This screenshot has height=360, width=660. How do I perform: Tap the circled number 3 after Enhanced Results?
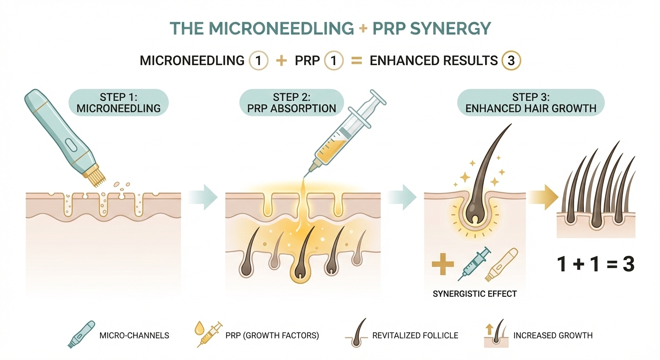coord(511,60)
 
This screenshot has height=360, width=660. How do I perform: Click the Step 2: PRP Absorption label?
coord(291,103)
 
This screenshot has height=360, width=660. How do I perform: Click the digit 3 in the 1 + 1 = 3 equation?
coord(627,264)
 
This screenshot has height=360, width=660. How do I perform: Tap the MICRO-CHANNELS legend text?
coord(134,335)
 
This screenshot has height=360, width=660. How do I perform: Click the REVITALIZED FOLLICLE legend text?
coord(415,335)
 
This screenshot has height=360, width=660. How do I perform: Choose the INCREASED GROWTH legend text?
coord(553,335)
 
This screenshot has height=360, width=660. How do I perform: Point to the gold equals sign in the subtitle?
coord(357,60)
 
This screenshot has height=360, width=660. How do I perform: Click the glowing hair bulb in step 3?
coord(473,215)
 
